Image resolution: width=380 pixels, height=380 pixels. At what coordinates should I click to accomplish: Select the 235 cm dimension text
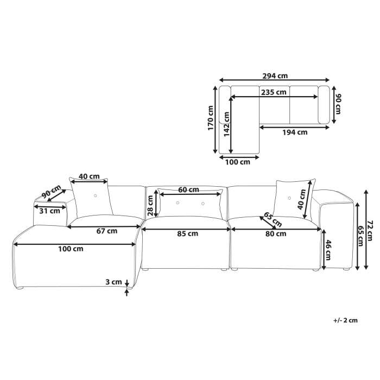(x=273, y=92)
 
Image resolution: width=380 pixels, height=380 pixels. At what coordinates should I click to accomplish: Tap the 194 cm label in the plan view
(x=295, y=132)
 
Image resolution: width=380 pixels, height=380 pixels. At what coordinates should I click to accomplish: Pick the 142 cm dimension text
(x=225, y=128)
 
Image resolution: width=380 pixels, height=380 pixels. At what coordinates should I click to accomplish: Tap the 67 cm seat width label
(x=107, y=231)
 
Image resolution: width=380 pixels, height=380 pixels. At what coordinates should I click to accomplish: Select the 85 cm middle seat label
(x=187, y=234)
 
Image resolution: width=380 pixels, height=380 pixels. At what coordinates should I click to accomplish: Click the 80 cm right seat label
(x=275, y=234)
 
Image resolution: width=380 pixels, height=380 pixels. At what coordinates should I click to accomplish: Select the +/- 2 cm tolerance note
(x=345, y=321)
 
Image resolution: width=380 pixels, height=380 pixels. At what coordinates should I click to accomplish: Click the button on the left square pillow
(x=96, y=195)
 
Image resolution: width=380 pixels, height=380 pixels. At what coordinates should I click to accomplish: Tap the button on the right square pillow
(x=290, y=197)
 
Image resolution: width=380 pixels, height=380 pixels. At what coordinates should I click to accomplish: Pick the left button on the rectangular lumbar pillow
(x=178, y=203)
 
